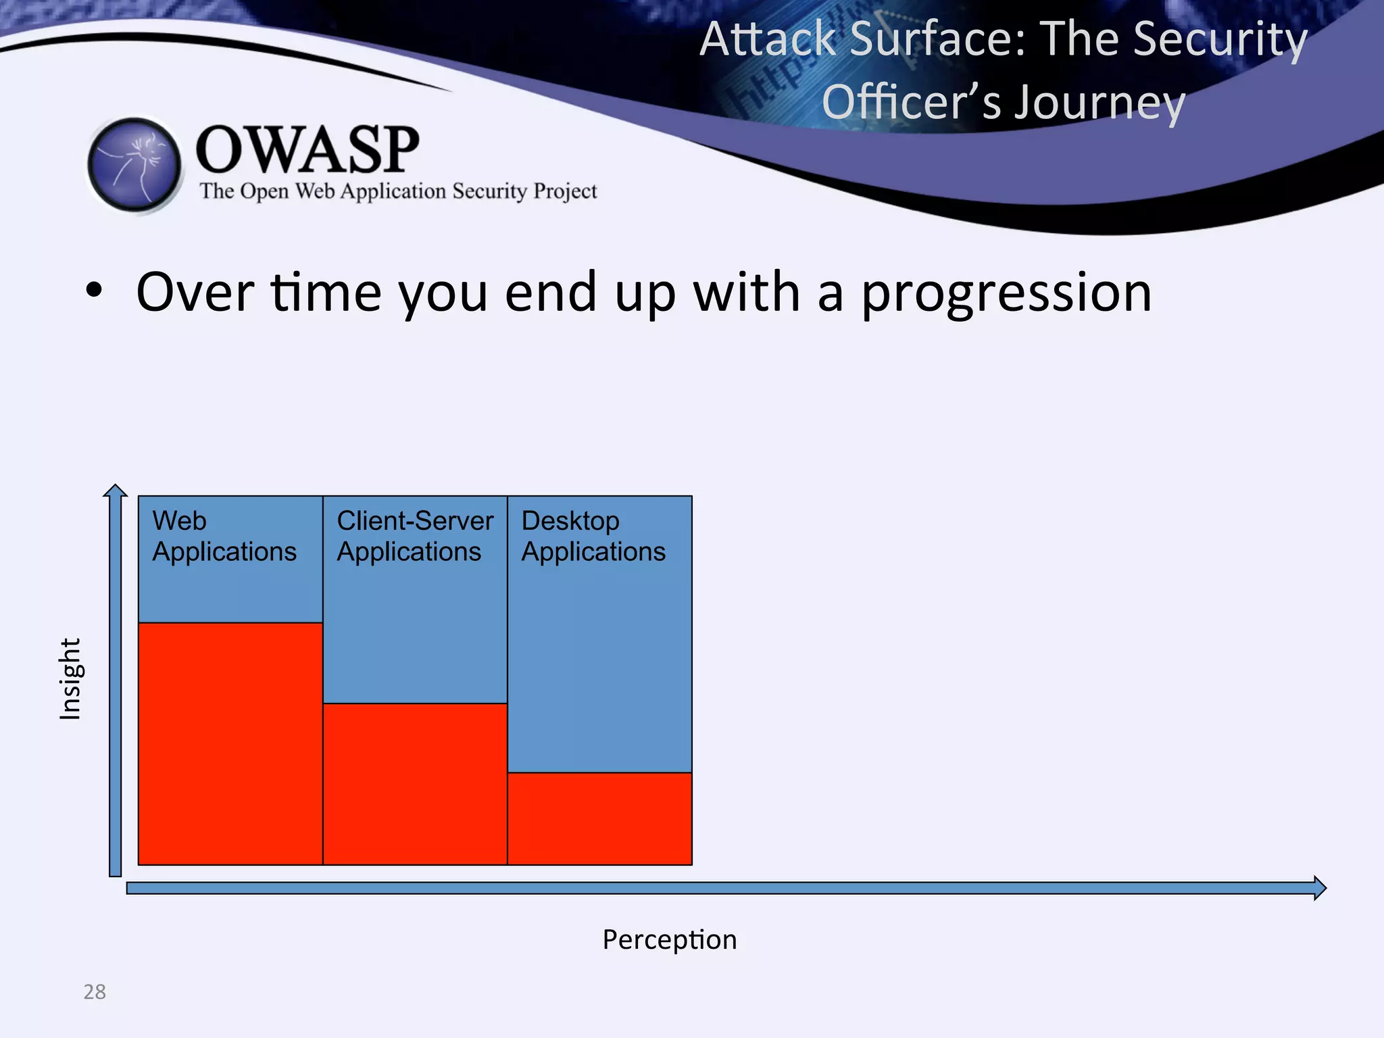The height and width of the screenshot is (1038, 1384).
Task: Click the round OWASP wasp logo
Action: pyautogui.click(x=134, y=164)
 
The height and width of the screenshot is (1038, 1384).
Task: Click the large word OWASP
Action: pyautogui.click(x=307, y=150)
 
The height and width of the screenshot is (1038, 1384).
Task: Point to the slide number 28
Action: pyautogui.click(x=95, y=991)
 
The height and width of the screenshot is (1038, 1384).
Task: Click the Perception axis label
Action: pyautogui.click(x=669, y=939)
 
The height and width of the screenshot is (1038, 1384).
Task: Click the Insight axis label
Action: pyautogui.click(x=70, y=678)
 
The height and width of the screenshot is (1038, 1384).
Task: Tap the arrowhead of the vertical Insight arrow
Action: pyautogui.click(x=116, y=491)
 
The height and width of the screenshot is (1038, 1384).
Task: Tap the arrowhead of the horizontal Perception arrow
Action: pyautogui.click(x=1319, y=887)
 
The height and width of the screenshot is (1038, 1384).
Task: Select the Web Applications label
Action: pyautogui.click(x=224, y=537)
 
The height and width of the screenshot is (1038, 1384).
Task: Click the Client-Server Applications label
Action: pyautogui.click(x=414, y=537)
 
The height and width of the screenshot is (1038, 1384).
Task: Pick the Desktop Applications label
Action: pyautogui.click(x=593, y=537)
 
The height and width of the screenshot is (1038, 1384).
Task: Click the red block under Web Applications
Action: pyautogui.click(x=230, y=743)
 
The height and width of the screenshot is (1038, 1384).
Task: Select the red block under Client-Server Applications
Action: pyautogui.click(x=414, y=784)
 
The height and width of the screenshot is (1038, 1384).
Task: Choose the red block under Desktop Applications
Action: pyautogui.click(x=599, y=818)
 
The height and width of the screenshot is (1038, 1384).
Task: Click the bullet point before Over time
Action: pyautogui.click(x=94, y=292)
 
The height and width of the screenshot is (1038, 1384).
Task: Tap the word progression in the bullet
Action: pyautogui.click(x=1006, y=293)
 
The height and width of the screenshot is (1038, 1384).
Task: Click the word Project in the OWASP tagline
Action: pyautogui.click(x=565, y=191)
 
